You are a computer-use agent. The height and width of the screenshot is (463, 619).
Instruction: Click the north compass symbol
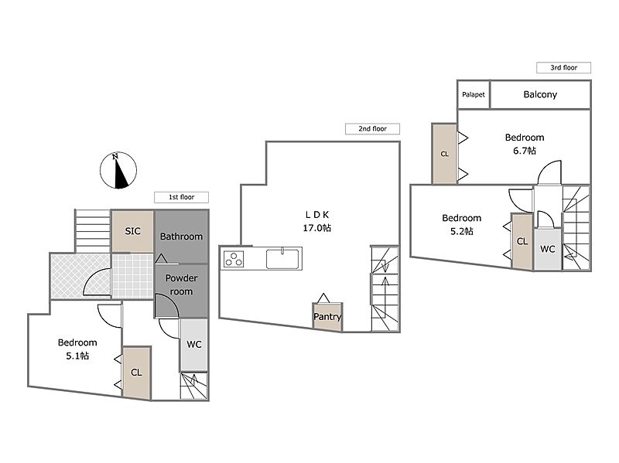118,170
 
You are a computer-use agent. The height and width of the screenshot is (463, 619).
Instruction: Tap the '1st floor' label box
181,197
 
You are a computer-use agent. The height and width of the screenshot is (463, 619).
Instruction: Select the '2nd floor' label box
372,128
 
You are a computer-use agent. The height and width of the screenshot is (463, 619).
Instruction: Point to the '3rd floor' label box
563,67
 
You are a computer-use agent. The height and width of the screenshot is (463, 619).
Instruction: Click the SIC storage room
132,231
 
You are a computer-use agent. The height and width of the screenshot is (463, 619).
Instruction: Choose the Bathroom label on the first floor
181,237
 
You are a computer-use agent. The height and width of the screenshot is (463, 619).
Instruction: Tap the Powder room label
181,284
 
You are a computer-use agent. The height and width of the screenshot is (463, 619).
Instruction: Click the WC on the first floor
194,345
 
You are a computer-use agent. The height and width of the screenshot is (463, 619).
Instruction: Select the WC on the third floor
548,249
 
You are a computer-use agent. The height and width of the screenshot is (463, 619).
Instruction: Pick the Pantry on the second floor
327,317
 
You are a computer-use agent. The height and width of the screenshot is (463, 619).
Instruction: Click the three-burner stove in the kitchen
234,259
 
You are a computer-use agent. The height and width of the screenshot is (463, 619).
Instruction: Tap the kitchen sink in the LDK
282,259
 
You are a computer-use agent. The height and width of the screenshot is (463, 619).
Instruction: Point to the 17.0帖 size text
316,228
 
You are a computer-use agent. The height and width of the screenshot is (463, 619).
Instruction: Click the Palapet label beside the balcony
474,94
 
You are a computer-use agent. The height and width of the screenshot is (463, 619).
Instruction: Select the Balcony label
540,94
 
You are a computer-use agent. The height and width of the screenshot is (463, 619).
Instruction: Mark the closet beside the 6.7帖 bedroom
444,154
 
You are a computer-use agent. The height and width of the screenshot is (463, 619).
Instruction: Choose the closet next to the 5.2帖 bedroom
522,241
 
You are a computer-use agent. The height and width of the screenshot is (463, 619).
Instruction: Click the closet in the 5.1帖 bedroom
137,373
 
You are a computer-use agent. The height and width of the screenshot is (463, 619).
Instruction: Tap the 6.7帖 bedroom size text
525,151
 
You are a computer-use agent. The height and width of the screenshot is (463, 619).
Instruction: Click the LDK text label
316,215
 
